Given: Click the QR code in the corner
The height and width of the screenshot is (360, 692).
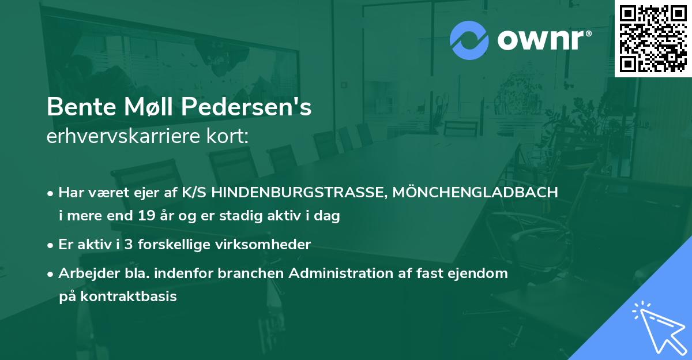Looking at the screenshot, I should point(653,39).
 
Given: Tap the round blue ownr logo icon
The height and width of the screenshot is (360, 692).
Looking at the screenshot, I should point(469,40).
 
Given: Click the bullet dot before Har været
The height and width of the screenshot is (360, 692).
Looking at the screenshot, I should point(51,193).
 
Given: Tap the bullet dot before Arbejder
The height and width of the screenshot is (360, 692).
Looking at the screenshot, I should point(51,274).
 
